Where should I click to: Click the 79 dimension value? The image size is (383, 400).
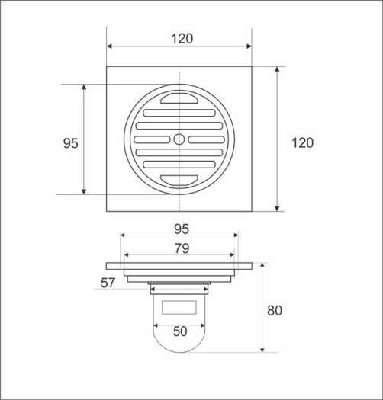[181, 248]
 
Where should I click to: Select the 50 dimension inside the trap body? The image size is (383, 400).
[179, 331]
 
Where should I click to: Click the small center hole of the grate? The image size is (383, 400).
[179, 139]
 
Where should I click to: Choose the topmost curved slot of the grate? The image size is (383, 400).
[179, 101]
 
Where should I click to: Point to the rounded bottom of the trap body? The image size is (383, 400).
[179, 347]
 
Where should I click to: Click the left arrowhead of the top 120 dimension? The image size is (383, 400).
[110, 46]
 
